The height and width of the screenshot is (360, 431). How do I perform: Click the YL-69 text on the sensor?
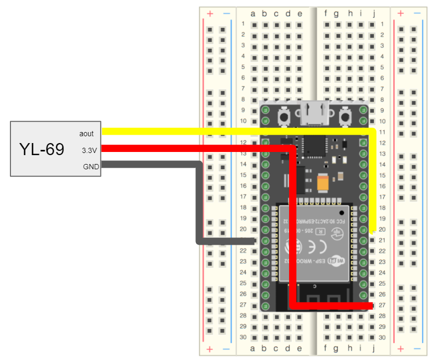pyautogui.click(x=42, y=149)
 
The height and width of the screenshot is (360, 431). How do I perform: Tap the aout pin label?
pyautogui.click(x=86, y=134)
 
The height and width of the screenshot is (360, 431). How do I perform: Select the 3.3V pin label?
pyautogui.click(x=89, y=150)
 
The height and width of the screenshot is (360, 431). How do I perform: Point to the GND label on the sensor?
pyautogui.click(x=90, y=167)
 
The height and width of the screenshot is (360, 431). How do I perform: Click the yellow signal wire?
pyautogui.click(x=236, y=131)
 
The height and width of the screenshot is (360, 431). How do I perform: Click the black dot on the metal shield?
pyautogui.click(x=342, y=212)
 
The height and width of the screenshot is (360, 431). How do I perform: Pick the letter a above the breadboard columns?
pyautogui.click(x=253, y=14)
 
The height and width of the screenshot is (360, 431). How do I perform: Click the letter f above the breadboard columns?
pyautogui.click(x=326, y=14)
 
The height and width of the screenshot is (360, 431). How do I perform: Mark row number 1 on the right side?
pyautogui.click(x=383, y=24)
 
